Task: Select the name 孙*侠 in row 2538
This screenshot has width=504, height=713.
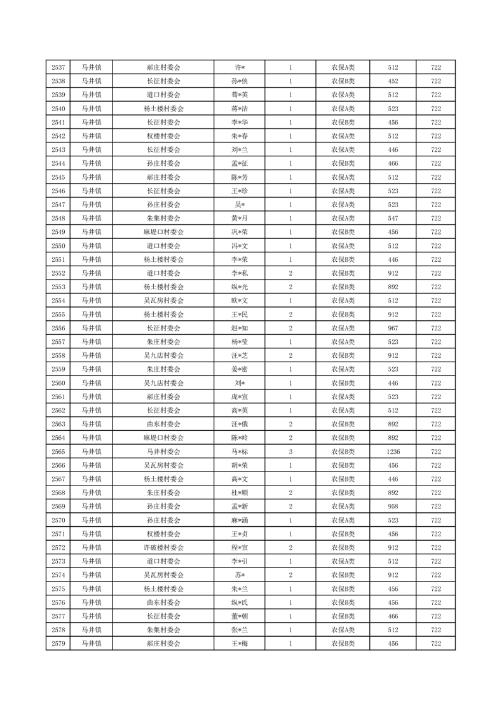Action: (239, 81)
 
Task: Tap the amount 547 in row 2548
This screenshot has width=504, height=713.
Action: (393, 218)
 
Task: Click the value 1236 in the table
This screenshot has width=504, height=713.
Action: (393, 451)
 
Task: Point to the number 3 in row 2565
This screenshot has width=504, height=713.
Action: (290, 451)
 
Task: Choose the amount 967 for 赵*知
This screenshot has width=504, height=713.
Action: (393, 328)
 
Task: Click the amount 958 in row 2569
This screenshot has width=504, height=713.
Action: (393, 506)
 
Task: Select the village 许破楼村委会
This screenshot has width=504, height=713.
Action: (163, 547)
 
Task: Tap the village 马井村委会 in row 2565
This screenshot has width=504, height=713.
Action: (163, 451)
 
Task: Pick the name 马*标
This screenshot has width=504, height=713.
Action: (239, 451)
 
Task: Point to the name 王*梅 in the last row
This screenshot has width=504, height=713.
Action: (239, 644)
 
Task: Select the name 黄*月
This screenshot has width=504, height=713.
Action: (239, 218)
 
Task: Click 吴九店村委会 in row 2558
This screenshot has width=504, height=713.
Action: (163, 355)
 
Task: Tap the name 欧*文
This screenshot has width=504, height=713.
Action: (239, 301)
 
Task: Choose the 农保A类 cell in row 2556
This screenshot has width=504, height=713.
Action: (343, 328)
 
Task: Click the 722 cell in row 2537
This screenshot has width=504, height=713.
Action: (436, 67)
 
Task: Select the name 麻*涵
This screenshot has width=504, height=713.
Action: (239, 520)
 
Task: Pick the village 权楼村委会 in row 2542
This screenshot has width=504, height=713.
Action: (163, 136)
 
